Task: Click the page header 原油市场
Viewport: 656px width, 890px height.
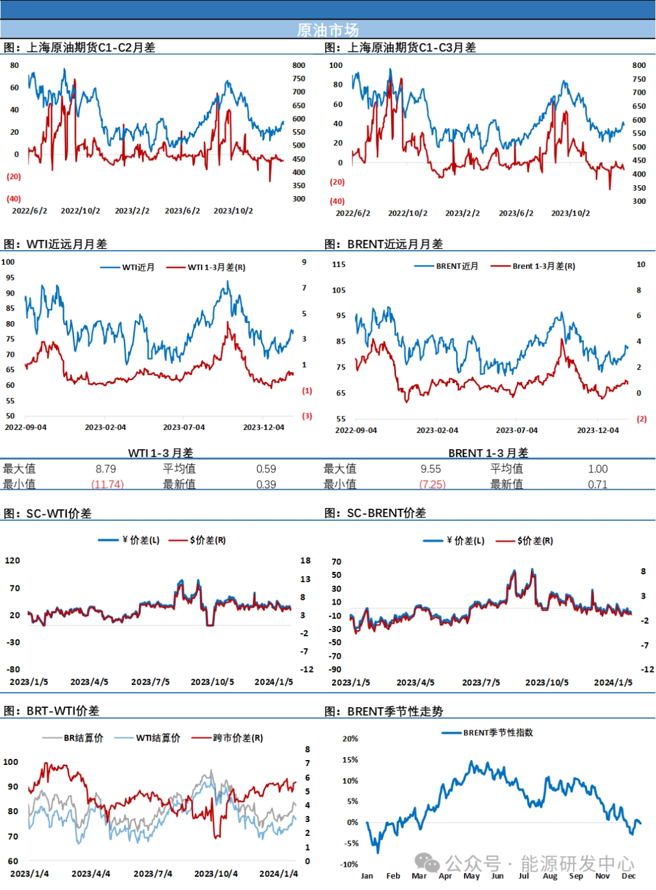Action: pos(327,30)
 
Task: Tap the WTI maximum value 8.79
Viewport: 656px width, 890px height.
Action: pos(106,469)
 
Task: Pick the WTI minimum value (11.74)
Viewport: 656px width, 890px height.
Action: pos(108,484)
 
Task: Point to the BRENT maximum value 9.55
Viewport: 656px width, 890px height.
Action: pos(431,469)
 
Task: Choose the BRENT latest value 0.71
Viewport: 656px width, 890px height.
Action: pos(597,484)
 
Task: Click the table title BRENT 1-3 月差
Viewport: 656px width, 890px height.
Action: pos(488,453)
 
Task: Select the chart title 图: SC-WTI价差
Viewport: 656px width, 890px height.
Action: pos(48,514)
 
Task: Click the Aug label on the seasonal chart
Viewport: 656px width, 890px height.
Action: pos(550,875)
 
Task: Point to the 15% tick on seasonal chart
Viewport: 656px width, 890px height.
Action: pos(350,759)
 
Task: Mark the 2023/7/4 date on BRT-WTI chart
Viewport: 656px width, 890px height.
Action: pos(152,874)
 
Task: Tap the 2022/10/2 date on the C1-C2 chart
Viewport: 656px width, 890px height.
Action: pos(80,211)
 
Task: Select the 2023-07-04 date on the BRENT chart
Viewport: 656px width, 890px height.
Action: pos(516,430)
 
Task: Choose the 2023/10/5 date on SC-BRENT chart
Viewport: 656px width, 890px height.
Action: pos(547,682)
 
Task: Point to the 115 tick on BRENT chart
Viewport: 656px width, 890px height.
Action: pos(339,265)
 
